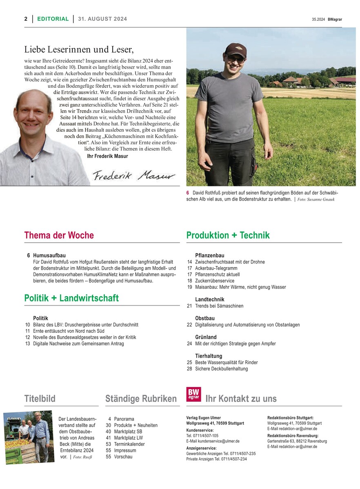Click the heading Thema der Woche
click(59, 235)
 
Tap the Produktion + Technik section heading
click(228, 235)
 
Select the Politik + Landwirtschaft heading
click(71, 298)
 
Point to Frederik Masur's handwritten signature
click(133, 176)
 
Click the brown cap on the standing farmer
click(236, 50)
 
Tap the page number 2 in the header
click(26, 19)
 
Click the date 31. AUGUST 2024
click(102, 19)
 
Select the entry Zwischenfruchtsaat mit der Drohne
click(230, 262)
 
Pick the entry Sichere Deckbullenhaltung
click(221, 369)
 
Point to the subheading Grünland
click(206, 337)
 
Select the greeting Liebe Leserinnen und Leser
click(79, 50)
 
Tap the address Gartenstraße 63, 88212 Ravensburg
click(297, 441)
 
